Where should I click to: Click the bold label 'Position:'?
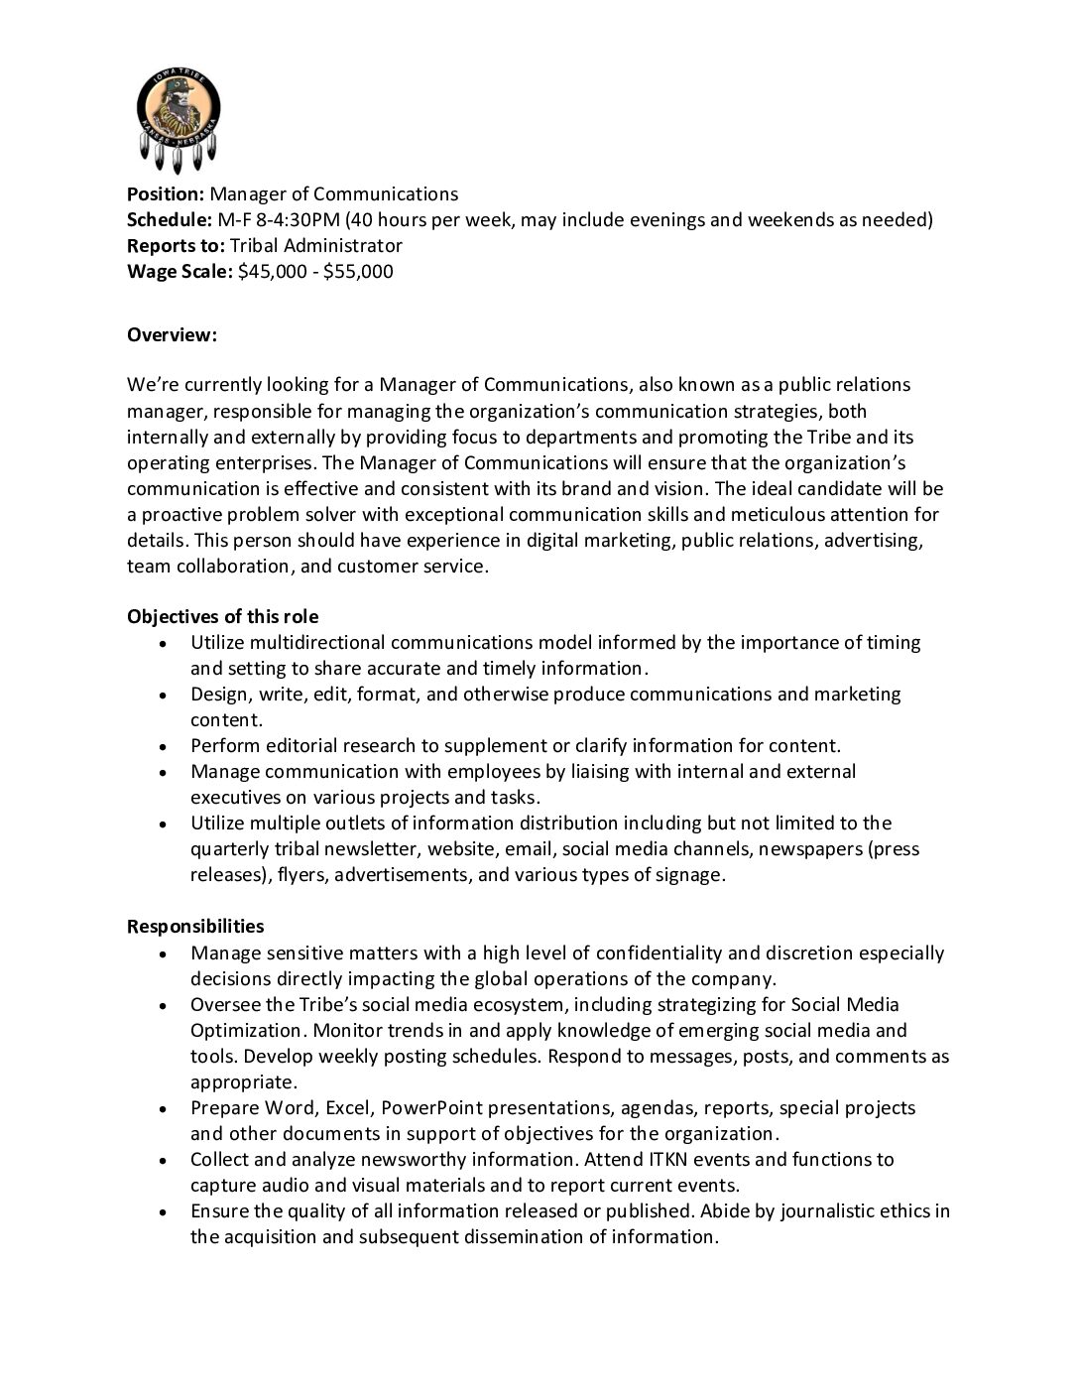pos(166,194)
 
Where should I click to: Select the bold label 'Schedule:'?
pos(170,220)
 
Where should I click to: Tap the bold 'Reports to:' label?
pos(177,246)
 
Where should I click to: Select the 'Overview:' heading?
pos(172,335)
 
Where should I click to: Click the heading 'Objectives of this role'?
pos(222,617)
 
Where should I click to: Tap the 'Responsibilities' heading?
pos(195,927)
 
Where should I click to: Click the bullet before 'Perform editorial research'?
pos(163,747)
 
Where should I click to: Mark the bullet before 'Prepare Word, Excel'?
pos(163,1108)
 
